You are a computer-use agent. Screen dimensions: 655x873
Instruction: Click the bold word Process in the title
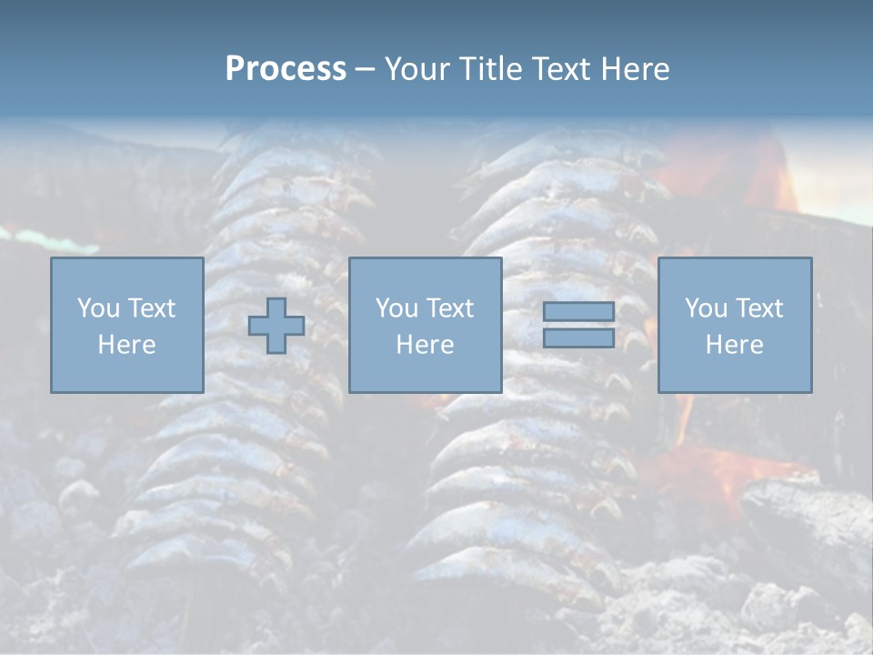(x=286, y=69)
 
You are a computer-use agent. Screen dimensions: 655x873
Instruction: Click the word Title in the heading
(x=488, y=69)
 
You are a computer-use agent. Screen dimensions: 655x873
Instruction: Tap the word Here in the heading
(x=633, y=69)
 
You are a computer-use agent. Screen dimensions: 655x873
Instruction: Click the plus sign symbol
(x=276, y=326)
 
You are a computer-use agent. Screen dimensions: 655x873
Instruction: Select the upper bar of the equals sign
(x=578, y=312)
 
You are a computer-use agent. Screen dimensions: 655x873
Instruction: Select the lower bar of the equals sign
(x=578, y=338)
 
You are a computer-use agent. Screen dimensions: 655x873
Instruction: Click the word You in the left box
(x=97, y=308)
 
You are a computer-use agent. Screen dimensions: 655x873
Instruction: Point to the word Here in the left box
(x=126, y=345)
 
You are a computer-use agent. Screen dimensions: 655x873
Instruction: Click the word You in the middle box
(x=396, y=308)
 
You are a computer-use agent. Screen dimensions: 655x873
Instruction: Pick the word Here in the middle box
(x=425, y=345)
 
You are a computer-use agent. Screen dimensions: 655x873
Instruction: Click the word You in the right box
(x=705, y=308)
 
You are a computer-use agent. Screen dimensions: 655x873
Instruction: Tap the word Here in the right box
(x=734, y=345)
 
